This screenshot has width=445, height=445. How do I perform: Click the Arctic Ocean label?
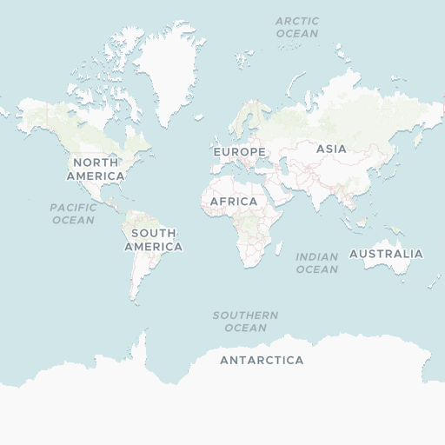click(x=297, y=27)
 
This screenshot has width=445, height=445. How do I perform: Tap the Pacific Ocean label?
click(x=73, y=214)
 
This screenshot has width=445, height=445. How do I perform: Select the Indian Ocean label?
click(x=316, y=262)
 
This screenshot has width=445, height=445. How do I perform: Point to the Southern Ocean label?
click(x=246, y=321)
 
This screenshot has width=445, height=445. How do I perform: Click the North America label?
click(x=96, y=169)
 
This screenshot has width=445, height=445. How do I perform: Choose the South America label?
click(x=154, y=240)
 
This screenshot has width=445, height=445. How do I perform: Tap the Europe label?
click(x=239, y=152)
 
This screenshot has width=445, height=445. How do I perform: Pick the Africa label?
click(x=234, y=202)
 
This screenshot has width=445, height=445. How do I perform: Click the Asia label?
click(x=331, y=149)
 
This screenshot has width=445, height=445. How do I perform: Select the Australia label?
click(x=386, y=254)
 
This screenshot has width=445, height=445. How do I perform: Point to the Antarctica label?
click(x=262, y=360)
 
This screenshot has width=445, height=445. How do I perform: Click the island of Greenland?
click(x=170, y=70)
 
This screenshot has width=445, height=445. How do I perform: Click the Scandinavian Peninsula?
click(x=245, y=122)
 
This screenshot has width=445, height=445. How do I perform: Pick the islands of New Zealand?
click(x=435, y=281)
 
